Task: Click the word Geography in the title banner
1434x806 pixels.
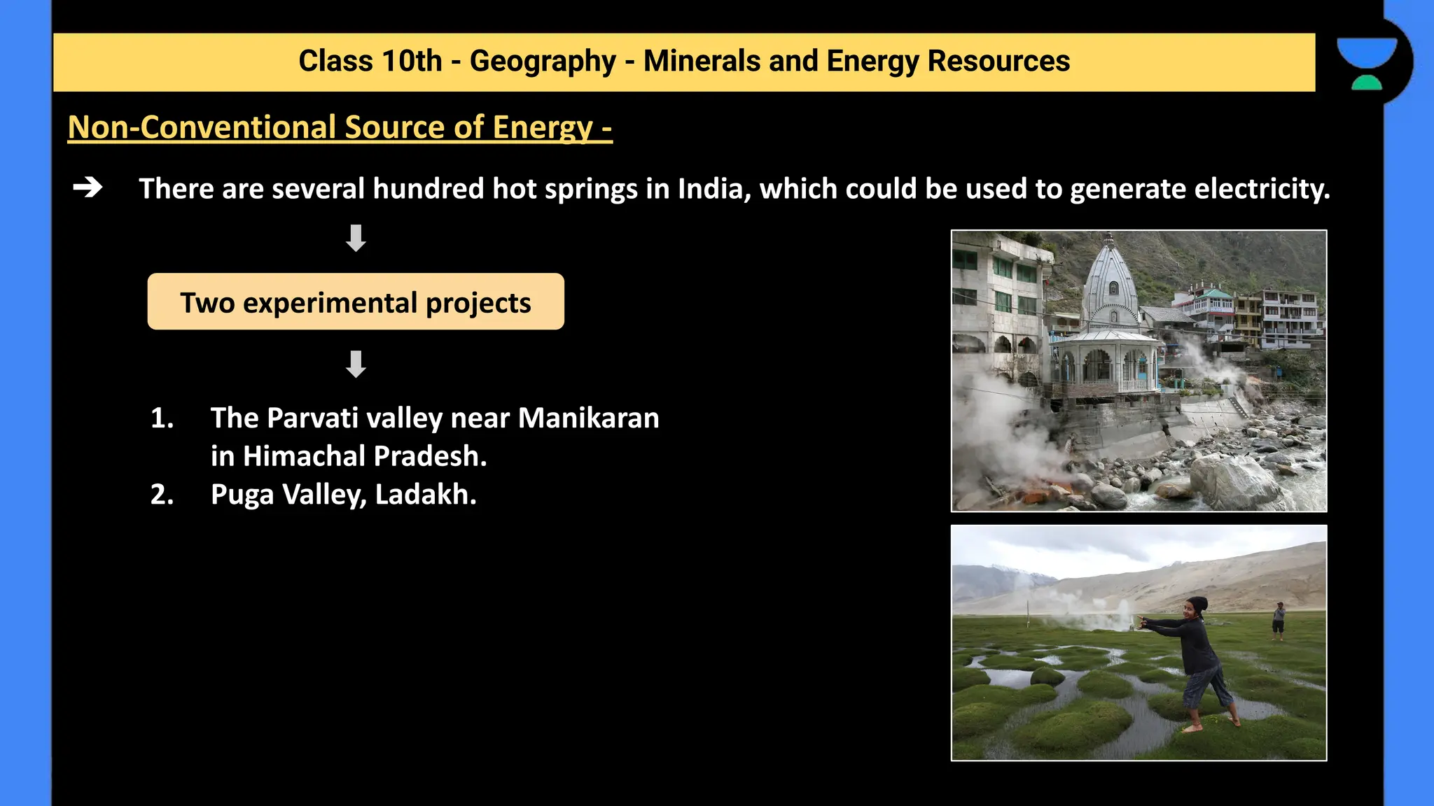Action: pyautogui.click(x=542, y=62)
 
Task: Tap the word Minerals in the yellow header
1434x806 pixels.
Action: pyautogui.click(x=702, y=62)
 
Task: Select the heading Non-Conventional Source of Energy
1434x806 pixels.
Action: pyautogui.click(x=340, y=127)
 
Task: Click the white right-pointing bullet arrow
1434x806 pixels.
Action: pyautogui.click(x=88, y=188)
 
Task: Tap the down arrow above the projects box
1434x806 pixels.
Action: pyautogui.click(x=356, y=238)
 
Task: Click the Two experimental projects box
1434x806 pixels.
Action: pyautogui.click(x=356, y=302)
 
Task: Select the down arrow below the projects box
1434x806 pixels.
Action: pyautogui.click(x=356, y=364)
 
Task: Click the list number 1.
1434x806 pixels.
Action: pyautogui.click(x=162, y=418)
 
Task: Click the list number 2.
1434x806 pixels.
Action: pyautogui.click(x=162, y=495)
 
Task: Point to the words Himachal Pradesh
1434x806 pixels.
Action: pyautogui.click(x=364, y=456)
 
